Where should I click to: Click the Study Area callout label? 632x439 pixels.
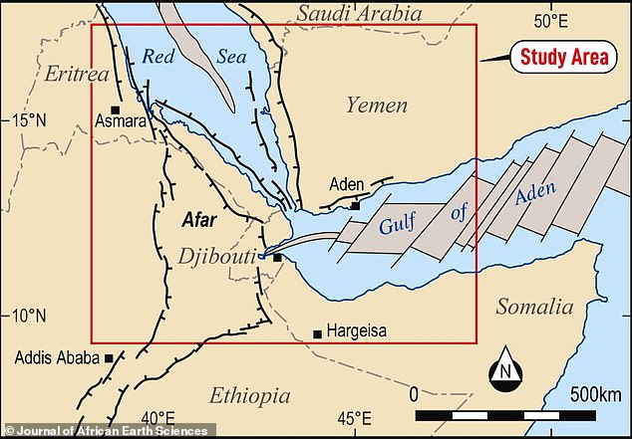(564, 58)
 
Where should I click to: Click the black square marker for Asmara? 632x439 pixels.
(117, 110)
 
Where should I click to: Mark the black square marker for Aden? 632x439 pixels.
(355, 206)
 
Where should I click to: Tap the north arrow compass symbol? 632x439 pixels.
(506, 372)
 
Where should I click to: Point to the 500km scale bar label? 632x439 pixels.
(596, 395)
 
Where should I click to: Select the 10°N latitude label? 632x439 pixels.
(29, 317)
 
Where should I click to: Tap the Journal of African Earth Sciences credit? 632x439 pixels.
(106, 430)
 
